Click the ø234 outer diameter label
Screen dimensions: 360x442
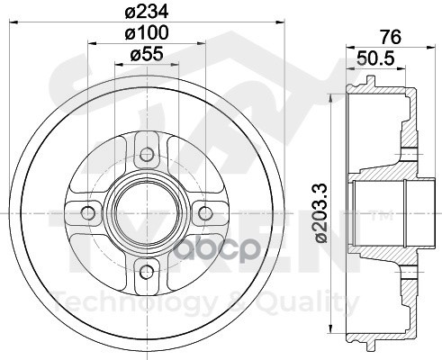pos(148,13)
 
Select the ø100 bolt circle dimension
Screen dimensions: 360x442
pos(148,34)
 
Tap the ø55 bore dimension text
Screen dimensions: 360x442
pos(148,56)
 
